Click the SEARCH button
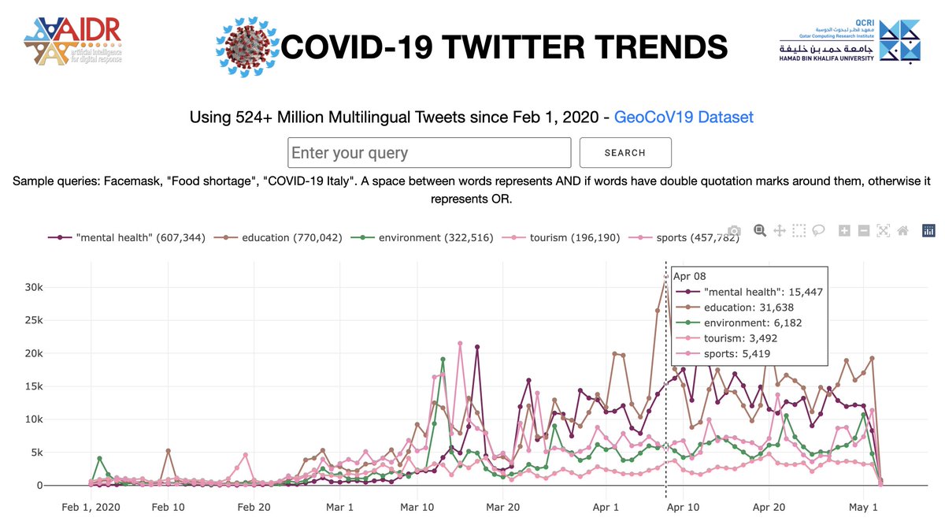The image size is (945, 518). [x=625, y=153]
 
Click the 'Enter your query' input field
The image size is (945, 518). [x=429, y=153]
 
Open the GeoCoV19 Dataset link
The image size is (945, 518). [x=684, y=117]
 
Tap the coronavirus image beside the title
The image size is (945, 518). [x=246, y=47]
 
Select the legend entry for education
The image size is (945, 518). [x=280, y=237]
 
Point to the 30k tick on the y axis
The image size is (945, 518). [x=40, y=287]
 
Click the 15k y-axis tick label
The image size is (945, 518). [x=40, y=386]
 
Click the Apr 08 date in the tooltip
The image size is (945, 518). [x=690, y=276]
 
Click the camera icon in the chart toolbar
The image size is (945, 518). [x=734, y=231]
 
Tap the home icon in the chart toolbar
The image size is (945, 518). [x=903, y=231]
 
